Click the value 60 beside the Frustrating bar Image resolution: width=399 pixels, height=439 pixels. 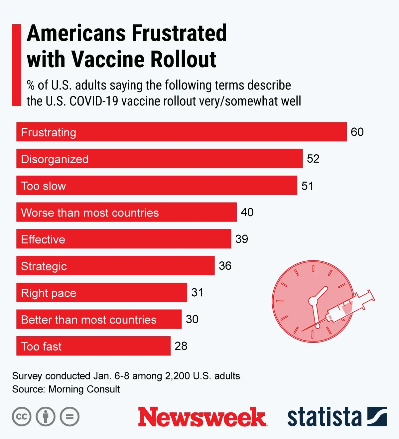click(357, 132)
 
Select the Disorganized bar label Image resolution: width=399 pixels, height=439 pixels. click(55, 159)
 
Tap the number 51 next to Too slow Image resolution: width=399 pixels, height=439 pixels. click(307, 186)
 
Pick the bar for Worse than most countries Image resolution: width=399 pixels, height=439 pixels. click(126, 212)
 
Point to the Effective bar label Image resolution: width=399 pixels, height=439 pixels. click(43, 239)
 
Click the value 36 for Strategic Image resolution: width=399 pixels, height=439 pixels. click(225, 266)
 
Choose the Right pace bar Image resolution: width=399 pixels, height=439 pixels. click(101, 293)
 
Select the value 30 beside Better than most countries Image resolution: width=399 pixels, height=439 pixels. click(192, 319)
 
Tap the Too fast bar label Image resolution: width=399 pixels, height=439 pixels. click(41, 347)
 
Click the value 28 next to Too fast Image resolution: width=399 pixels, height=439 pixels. click(181, 346)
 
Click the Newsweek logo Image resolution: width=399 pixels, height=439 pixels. click(202, 417)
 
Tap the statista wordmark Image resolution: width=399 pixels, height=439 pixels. click(324, 417)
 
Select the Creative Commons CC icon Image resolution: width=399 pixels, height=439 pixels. click(22, 417)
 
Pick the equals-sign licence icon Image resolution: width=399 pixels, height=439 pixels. click(70, 417)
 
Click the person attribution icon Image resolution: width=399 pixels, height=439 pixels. click(46, 417)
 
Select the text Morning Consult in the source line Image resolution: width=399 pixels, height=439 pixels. click(84, 389)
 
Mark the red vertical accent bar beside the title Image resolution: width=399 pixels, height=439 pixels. click(17, 65)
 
